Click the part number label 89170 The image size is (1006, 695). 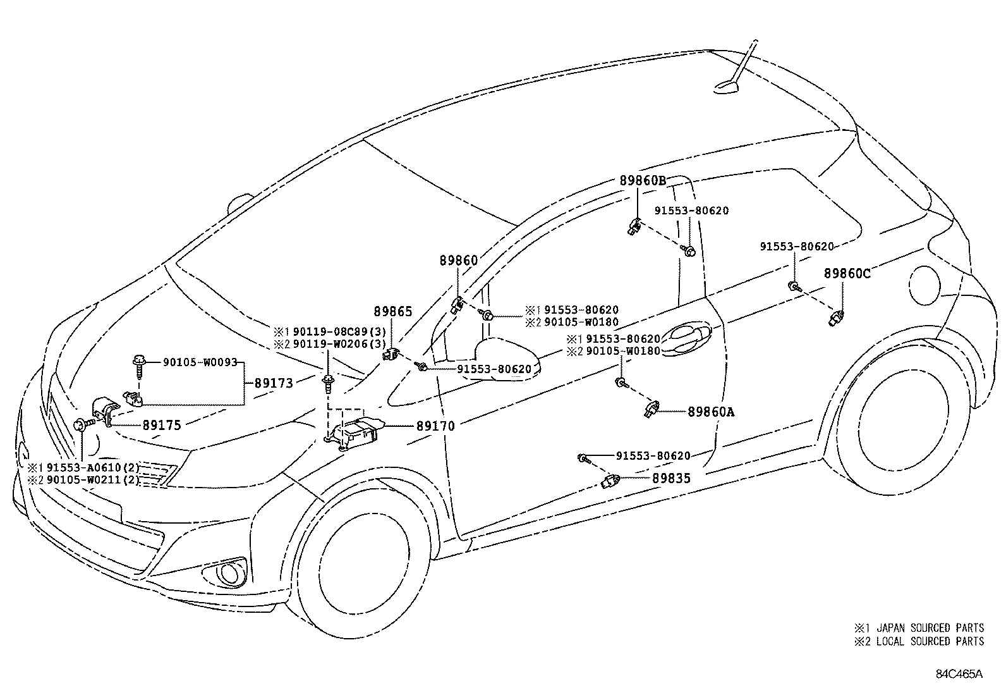pyautogui.click(x=435, y=426)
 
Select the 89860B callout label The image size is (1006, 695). pyautogui.click(x=642, y=180)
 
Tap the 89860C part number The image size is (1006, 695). pyautogui.click(x=847, y=273)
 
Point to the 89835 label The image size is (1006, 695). pyautogui.click(x=671, y=479)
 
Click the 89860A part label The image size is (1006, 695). pyautogui.click(x=711, y=412)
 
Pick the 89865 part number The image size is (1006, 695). pyautogui.click(x=392, y=311)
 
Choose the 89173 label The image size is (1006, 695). pyautogui.click(x=274, y=383)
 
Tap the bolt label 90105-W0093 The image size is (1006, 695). pyautogui.click(x=200, y=362)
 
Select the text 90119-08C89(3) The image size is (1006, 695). pyautogui.click(x=339, y=331)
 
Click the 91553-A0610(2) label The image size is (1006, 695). pyautogui.click(x=92, y=467)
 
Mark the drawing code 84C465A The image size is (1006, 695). pyautogui.click(x=959, y=673)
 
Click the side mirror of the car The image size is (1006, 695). pyautogui.click(x=506, y=360)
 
